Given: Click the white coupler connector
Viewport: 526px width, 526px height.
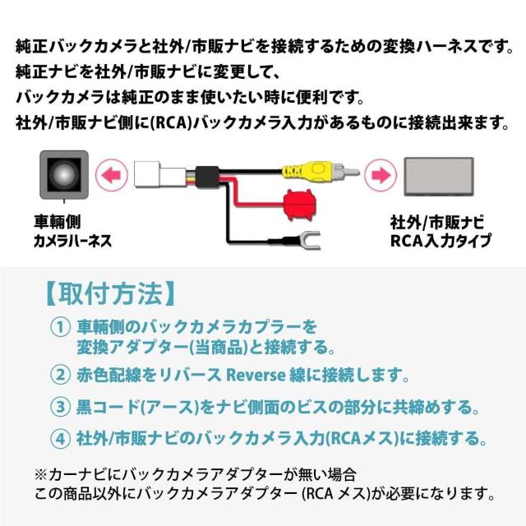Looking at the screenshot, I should [x=155, y=174].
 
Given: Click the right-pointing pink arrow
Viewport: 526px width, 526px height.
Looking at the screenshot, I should [x=380, y=174].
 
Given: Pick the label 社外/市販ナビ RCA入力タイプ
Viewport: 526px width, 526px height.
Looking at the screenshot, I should [x=440, y=232].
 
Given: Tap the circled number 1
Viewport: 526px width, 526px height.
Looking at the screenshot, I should [x=59, y=327].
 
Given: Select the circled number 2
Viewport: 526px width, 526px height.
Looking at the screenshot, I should [x=59, y=375].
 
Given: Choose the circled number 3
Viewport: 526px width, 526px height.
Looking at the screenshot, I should [x=59, y=406].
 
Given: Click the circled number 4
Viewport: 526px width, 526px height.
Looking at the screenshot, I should [x=59, y=437].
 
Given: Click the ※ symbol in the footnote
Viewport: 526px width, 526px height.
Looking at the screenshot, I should [x=41, y=474].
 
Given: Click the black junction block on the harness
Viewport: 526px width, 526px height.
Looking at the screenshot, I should [x=210, y=174].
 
